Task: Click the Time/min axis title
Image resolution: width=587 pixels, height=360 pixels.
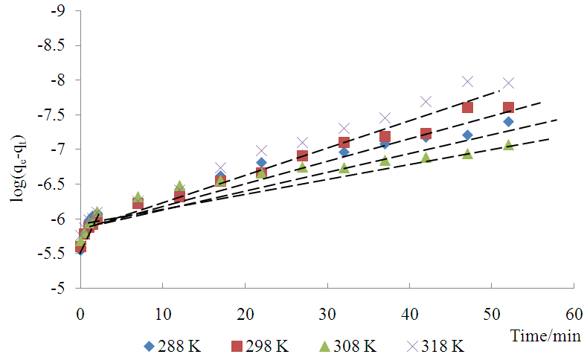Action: (545, 336)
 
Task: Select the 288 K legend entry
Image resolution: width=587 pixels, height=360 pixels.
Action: (173, 347)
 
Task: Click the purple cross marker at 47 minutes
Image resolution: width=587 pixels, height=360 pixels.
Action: (467, 81)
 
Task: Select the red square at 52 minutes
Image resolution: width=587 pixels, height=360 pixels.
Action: (508, 108)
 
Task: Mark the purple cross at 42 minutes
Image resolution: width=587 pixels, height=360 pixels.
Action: (426, 101)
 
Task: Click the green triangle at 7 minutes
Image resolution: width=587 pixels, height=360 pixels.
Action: (138, 197)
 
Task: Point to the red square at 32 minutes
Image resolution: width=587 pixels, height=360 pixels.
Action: (344, 143)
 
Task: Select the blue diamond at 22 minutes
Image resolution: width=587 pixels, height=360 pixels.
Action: (261, 162)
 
